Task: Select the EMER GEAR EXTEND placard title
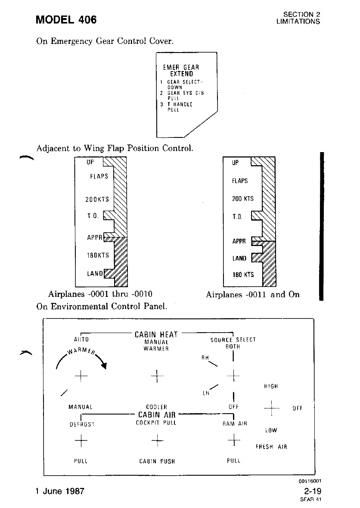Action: (181, 70)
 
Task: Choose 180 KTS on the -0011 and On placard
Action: (243, 275)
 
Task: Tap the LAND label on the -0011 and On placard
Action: (239, 259)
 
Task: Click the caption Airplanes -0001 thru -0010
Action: (101, 295)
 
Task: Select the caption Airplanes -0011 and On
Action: (253, 295)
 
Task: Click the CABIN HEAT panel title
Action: (156, 334)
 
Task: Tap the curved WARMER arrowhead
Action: (103, 366)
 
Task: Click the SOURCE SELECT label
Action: (233, 340)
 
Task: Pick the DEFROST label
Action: (82, 424)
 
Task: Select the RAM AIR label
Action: (235, 424)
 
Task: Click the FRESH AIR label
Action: (271, 447)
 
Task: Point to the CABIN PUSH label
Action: (157, 461)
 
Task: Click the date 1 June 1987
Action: (60, 491)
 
